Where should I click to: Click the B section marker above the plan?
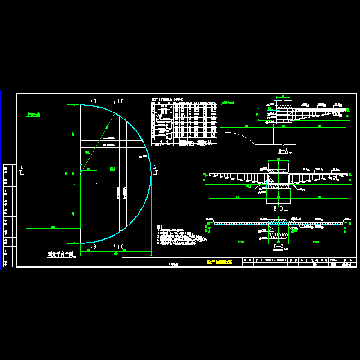[92, 101]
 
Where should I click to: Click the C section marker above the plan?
[120, 101]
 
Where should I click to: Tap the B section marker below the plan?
[92, 247]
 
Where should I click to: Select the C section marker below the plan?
[120, 247]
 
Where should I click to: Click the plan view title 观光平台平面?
[60, 254]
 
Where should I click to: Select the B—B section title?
[278, 209]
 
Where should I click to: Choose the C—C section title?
[278, 247]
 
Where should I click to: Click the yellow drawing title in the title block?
[219, 262]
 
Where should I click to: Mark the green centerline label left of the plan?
[34, 115]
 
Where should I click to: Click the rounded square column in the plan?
[89, 174]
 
